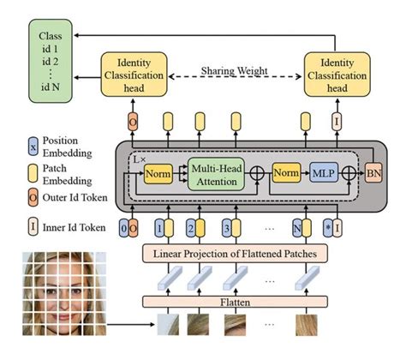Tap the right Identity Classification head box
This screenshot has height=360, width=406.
(x=336, y=75)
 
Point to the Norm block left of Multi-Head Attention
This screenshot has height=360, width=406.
(x=157, y=175)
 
